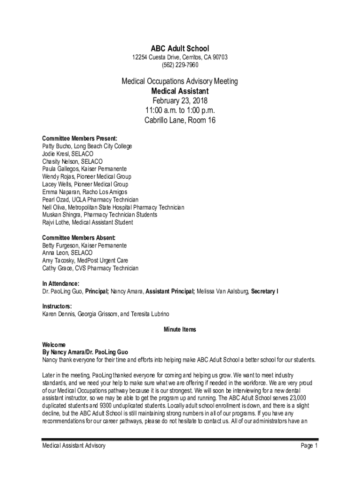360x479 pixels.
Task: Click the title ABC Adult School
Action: pos(180,48)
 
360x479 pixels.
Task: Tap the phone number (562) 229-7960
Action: pos(180,65)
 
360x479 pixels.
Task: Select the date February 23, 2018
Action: pos(180,101)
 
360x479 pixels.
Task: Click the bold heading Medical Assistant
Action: pos(180,91)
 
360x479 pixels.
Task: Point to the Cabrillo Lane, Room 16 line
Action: pos(180,120)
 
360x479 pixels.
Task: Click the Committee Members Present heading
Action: pos(79,138)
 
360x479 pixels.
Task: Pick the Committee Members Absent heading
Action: pos(78,238)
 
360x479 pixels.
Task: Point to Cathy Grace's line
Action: pos(90,269)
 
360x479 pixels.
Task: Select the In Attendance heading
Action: pos(60,283)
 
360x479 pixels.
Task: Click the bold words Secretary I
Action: pos(265,291)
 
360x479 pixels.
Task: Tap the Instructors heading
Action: pos(57,306)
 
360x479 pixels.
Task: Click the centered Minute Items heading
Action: pos(180,329)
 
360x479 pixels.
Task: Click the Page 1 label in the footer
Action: pos(310,446)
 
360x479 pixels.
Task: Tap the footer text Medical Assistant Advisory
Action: pos(73,446)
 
